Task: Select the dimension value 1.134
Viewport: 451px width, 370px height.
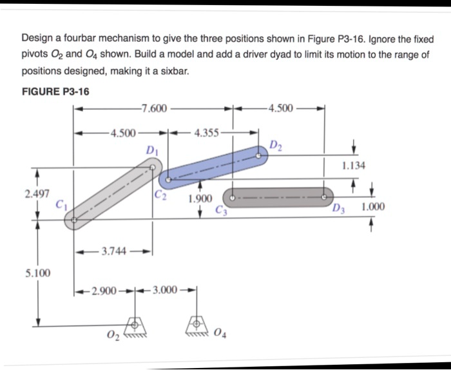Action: pyautogui.click(x=354, y=166)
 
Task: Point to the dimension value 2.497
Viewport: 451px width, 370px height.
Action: pyautogui.click(x=36, y=193)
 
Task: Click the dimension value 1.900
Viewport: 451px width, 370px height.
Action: pyautogui.click(x=200, y=199)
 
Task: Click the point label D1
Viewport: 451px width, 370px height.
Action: pyautogui.click(x=152, y=151)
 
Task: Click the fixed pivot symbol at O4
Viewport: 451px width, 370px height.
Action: pyautogui.click(x=196, y=324)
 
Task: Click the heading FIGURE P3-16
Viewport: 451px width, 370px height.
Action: pyautogui.click(x=55, y=91)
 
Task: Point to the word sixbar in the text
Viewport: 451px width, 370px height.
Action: pyautogui.click(x=173, y=71)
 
